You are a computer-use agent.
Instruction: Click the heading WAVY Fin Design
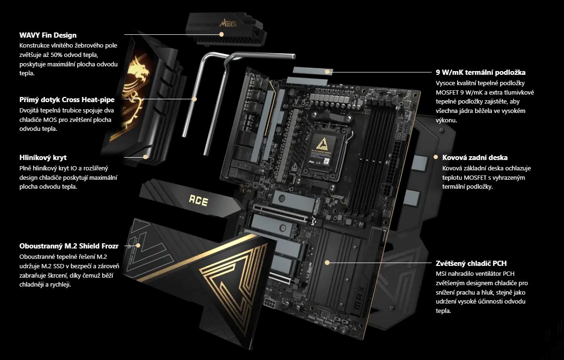click(x=48, y=35)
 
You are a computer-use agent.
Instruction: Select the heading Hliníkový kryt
click(x=43, y=158)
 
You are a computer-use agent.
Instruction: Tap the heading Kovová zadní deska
click(x=475, y=158)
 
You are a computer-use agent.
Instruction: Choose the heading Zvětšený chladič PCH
click(x=471, y=263)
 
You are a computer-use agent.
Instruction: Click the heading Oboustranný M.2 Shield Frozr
click(x=69, y=246)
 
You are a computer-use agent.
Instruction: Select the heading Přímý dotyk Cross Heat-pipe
click(x=67, y=100)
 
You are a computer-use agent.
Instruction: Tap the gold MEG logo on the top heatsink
click(x=228, y=24)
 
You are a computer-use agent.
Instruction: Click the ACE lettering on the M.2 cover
click(x=199, y=200)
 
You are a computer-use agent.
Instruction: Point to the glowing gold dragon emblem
click(x=135, y=85)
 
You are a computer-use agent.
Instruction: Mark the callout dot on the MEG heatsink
click(x=222, y=34)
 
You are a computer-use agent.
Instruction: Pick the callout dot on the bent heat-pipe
click(x=194, y=99)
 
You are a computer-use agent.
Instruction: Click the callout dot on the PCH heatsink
click(x=327, y=263)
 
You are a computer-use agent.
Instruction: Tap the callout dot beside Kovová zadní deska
click(x=435, y=157)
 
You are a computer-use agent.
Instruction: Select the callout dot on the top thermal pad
click(x=327, y=72)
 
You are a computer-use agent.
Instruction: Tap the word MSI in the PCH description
click(x=441, y=274)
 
